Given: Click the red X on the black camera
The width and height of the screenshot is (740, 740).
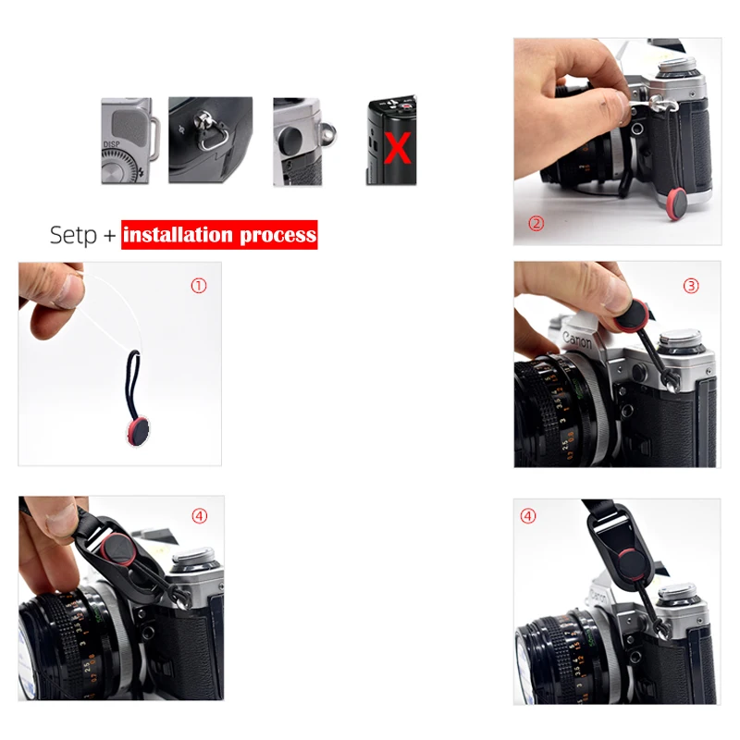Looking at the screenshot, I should [x=398, y=148].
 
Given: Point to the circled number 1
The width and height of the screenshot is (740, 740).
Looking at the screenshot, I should [x=198, y=286].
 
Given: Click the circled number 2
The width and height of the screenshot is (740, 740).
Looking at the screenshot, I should [x=536, y=223].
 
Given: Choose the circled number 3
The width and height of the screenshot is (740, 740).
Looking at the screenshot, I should [x=691, y=286].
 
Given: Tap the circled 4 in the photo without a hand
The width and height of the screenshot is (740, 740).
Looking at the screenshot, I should [x=528, y=516].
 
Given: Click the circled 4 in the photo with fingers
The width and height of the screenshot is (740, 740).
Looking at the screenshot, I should [x=199, y=516].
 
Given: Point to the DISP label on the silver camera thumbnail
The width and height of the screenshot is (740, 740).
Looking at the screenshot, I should [x=112, y=144].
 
